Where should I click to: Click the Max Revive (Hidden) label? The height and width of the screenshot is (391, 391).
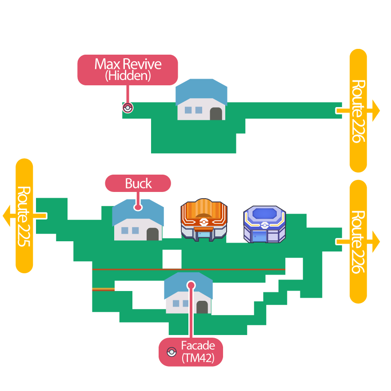[128, 70]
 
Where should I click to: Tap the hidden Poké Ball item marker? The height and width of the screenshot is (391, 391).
[128, 108]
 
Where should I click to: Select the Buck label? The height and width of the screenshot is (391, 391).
[138, 184]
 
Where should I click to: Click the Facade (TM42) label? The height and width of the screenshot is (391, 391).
[191, 352]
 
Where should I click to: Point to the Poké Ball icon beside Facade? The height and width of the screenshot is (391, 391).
[171, 352]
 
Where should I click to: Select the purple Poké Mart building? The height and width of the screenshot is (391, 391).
[264, 224]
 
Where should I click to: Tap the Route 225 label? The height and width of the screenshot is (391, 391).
[24, 215]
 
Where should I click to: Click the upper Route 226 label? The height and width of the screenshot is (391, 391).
[358, 111]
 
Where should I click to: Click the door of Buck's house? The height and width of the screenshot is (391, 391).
[153, 234]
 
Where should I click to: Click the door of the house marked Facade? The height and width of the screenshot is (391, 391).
[202, 307]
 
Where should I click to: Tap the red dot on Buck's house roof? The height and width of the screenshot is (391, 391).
[138, 207]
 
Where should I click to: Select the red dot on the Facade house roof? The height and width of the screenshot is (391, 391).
[191, 285]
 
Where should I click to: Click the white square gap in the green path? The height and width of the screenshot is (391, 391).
[172, 259]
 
